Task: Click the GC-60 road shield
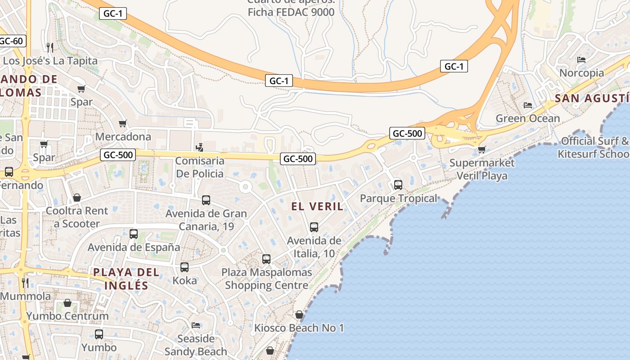[x=11, y=41]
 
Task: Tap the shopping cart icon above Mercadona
[x=123, y=123]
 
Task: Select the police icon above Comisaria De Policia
[x=199, y=147]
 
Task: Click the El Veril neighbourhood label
[x=317, y=207]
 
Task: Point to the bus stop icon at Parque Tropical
[x=398, y=184]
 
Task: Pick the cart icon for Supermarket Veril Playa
[x=482, y=149]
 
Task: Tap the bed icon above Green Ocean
[x=528, y=105]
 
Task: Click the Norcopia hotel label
[x=581, y=73]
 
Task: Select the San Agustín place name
[x=592, y=99]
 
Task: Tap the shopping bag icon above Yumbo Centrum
[x=67, y=303]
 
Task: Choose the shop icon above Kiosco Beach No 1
[x=299, y=315]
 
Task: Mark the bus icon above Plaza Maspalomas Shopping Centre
[x=266, y=259]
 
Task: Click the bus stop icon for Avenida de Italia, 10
[x=314, y=227]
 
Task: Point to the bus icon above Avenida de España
[x=134, y=234]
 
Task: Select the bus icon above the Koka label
[x=184, y=267]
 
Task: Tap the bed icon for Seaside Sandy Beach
[x=196, y=325]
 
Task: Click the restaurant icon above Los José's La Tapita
[x=50, y=47]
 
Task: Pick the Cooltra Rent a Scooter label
[x=77, y=217]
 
